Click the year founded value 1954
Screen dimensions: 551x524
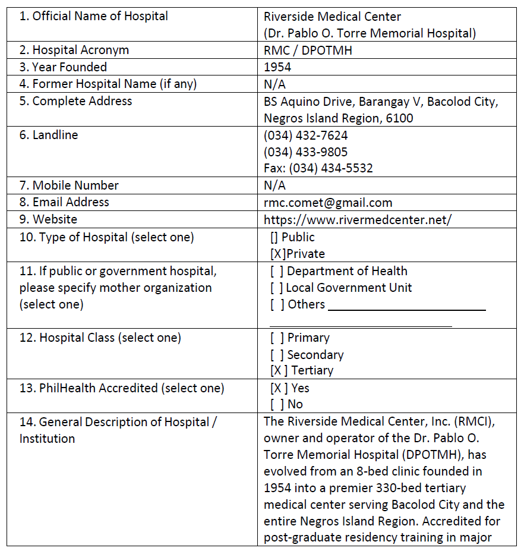pyautogui.click(x=277, y=67)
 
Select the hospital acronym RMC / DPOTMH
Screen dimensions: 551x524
pyautogui.click(x=308, y=51)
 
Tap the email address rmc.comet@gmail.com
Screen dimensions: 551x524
pyautogui.click(x=328, y=203)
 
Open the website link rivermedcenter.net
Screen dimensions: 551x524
pyautogui.click(x=358, y=219)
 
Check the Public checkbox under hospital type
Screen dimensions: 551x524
pyautogui.click(x=274, y=237)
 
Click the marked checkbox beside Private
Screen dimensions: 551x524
pyautogui.click(x=277, y=254)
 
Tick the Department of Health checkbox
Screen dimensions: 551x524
pyautogui.click(x=277, y=271)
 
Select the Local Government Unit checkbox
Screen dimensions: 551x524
pyautogui.click(x=277, y=288)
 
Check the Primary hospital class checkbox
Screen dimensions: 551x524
pyautogui.click(x=277, y=338)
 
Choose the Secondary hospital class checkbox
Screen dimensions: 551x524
pyautogui.click(x=277, y=355)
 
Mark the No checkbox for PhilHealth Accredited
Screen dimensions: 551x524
pyautogui.click(x=277, y=404)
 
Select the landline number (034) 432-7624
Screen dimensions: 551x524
pyautogui.click(x=306, y=135)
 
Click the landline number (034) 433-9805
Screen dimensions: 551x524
pyautogui.click(x=306, y=152)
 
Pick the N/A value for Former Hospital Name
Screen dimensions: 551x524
pyautogui.click(x=274, y=84)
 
